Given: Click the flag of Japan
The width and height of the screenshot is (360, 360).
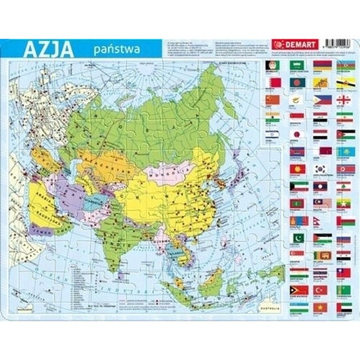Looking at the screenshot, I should pyautogui.click(x=296, y=134).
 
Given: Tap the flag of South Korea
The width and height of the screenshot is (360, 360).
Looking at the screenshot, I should pyautogui.click(x=320, y=168).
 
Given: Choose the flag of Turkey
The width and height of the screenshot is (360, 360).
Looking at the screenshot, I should pyautogui.click(x=320, y=290).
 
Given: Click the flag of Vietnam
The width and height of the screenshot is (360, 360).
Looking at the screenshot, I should pyautogui.click(x=320, y=307).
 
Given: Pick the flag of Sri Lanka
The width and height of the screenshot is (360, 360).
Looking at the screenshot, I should pyautogui.click(x=320, y=255).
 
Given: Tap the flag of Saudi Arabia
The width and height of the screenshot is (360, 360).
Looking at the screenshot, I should pyautogui.click(x=296, y=65).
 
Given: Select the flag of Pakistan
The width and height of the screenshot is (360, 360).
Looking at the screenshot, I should pyautogui.click(x=296, y=238).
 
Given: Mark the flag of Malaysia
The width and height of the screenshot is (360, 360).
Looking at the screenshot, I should pyautogui.click(x=320, y=203).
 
